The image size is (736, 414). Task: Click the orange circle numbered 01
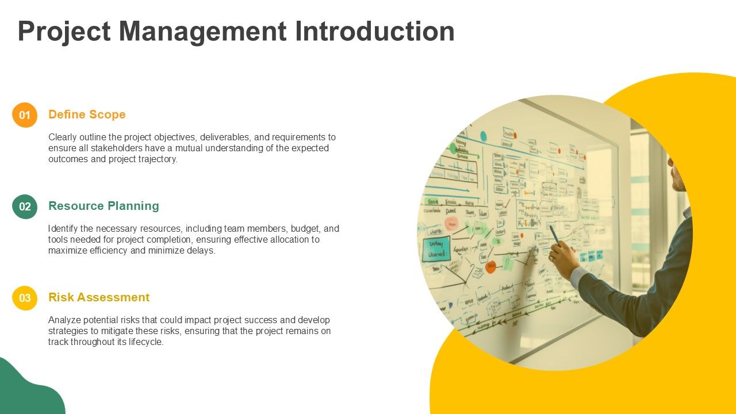tap(25, 115)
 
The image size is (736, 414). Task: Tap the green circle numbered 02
tap(25, 206)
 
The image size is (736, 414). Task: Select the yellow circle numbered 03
tap(25, 298)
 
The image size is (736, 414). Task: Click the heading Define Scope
tap(87, 114)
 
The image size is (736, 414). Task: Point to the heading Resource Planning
tap(103, 206)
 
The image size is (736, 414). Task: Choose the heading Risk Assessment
tap(99, 297)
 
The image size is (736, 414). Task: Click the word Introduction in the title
tap(374, 31)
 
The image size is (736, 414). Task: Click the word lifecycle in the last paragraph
tap(144, 342)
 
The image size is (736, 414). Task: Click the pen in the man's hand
tap(554, 234)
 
